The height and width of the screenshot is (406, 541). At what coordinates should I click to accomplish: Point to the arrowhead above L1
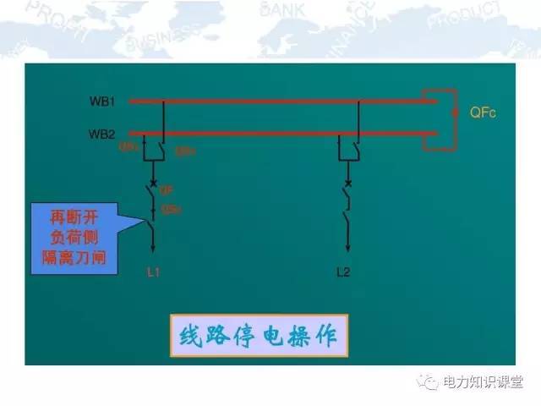click(153, 247)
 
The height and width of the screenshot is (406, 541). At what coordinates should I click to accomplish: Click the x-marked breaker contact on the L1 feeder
click(153, 182)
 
